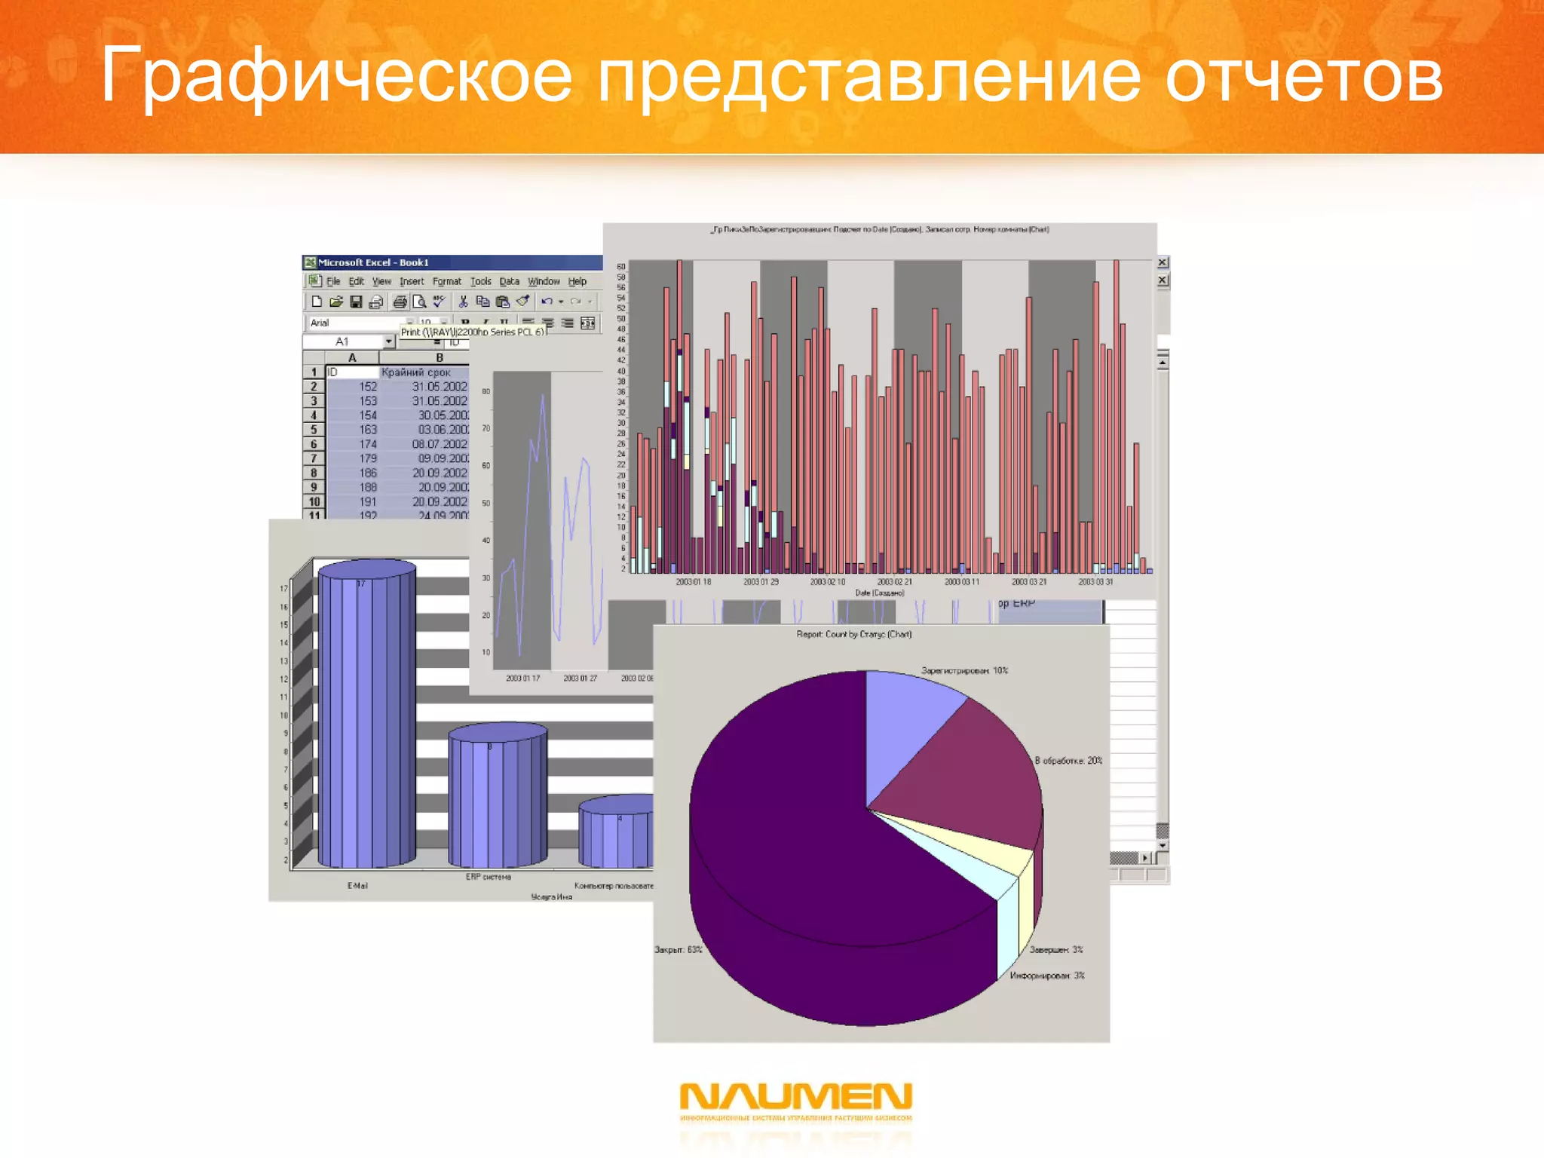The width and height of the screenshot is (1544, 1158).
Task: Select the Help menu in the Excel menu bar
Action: (x=577, y=281)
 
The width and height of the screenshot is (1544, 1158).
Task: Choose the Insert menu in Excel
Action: (x=412, y=281)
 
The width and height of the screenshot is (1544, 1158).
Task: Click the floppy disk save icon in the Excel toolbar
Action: (x=356, y=302)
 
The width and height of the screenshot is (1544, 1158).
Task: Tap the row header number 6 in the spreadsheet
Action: (x=314, y=444)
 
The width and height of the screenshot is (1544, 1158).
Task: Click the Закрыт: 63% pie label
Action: (x=678, y=949)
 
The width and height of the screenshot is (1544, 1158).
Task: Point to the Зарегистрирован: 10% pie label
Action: (x=964, y=670)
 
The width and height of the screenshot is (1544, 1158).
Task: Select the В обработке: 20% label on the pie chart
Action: (x=1068, y=761)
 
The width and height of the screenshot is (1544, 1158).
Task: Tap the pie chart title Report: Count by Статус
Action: (x=854, y=634)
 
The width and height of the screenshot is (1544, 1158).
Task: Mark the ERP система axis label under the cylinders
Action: (x=488, y=877)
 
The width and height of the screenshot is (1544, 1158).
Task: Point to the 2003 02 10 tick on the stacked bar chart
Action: (x=827, y=582)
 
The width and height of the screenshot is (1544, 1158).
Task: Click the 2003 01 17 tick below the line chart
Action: (x=522, y=679)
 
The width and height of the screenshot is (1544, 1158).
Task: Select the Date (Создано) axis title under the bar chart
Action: (x=879, y=593)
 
